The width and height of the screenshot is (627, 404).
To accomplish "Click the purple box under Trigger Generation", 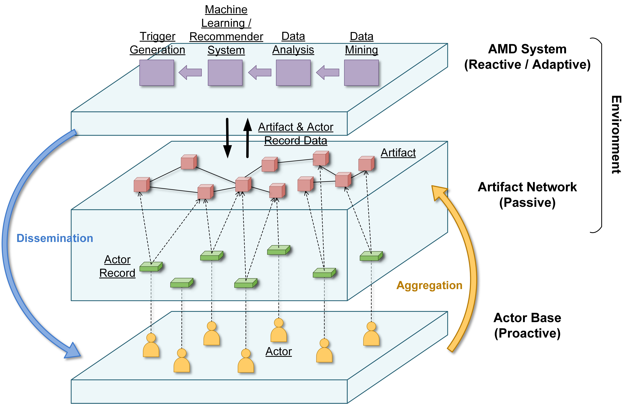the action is point(157,73).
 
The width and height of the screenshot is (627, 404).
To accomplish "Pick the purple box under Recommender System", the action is point(225,73).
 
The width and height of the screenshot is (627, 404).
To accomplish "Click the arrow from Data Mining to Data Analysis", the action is point(328,72).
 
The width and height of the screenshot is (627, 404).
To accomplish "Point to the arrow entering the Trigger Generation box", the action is point(190,72).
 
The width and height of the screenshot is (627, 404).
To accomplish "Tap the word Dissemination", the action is point(55,238).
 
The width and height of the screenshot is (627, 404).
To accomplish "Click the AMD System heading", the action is point(527,57).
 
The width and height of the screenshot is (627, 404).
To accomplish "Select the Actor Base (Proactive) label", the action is point(527,325).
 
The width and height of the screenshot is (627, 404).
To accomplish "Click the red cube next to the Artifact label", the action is point(366,163).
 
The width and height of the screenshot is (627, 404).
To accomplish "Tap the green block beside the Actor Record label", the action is point(151,267).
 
